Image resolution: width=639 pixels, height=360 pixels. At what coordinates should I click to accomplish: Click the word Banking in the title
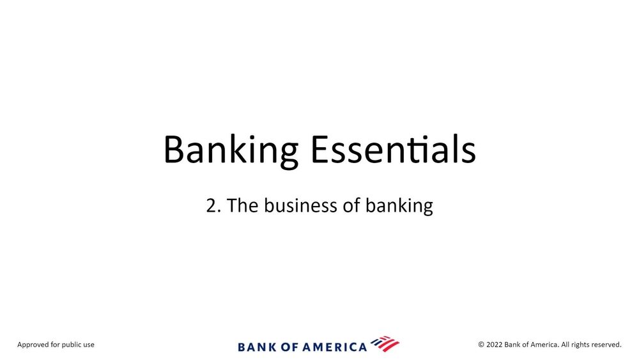pyautogui.click(x=231, y=150)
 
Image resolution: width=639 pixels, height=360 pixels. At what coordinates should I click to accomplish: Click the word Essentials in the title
pyautogui.click(x=393, y=149)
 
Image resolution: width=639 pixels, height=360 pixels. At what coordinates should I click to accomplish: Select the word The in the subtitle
pyautogui.click(x=242, y=205)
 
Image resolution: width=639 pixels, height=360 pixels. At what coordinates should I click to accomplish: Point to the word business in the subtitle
pyautogui.click(x=301, y=205)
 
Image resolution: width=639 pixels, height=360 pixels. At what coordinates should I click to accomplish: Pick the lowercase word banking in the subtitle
pyautogui.click(x=399, y=207)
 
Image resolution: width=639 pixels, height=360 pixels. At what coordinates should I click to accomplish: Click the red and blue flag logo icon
pyautogui.click(x=385, y=344)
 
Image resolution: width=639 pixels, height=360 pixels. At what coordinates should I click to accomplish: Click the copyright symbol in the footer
pyautogui.click(x=481, y=345)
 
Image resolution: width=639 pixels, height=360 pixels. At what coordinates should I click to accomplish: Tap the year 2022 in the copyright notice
pyautogui.click(x=495, y=345)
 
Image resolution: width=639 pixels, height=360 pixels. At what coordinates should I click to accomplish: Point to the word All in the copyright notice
pyautogui.click(x=565, y=345)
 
